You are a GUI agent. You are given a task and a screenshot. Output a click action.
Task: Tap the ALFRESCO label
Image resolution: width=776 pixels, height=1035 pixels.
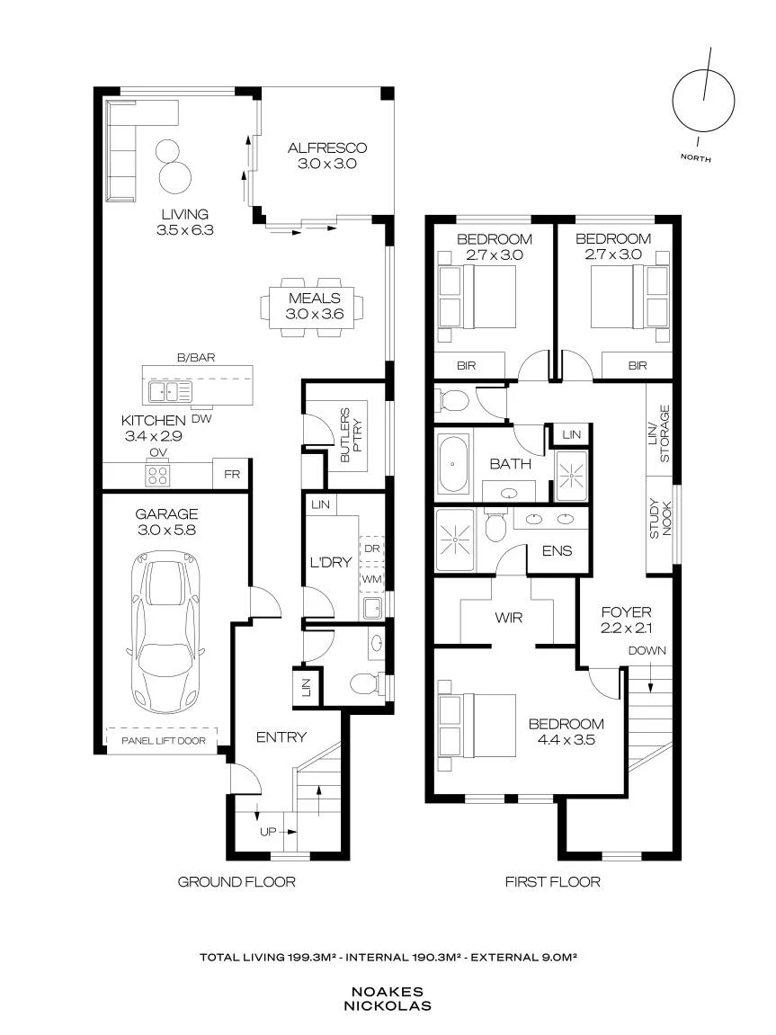[327, 147]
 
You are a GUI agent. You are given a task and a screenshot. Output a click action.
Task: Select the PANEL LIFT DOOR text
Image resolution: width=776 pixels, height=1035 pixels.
[164, 741]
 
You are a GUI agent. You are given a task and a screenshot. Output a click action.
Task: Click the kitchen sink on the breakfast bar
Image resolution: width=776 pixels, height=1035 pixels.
[170, 391]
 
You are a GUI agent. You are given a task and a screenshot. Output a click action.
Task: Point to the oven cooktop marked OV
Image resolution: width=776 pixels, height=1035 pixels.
[158, 476]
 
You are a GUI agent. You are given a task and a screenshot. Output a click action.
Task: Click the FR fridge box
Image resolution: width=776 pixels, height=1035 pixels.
[232, 474]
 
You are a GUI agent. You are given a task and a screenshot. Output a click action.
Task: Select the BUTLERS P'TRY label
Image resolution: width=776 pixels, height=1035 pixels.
[351, 435]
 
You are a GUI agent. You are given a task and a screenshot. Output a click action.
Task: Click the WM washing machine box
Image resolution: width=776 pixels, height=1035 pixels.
[371, 579]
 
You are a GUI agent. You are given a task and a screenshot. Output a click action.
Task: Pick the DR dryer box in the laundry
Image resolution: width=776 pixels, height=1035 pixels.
[371, 549]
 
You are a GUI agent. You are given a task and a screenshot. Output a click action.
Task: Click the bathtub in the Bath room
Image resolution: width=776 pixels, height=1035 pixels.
[453, 463]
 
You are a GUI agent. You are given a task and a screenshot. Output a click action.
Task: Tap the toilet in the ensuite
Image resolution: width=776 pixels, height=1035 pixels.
[495, 526]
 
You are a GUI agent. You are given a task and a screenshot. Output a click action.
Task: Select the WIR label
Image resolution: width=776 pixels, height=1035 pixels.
[508, 618]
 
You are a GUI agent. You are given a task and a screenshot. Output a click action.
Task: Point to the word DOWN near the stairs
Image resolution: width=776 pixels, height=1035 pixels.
[647, 650]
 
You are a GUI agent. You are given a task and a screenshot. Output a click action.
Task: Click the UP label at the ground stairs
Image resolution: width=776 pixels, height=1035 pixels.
[268, 832]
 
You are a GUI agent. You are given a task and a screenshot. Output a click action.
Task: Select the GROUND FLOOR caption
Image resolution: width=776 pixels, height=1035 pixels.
[236, 881]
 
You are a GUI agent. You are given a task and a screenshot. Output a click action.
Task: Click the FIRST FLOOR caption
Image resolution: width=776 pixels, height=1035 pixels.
[552, 881]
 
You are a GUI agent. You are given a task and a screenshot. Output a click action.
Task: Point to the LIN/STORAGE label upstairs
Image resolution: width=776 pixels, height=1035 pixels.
[659, 433]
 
